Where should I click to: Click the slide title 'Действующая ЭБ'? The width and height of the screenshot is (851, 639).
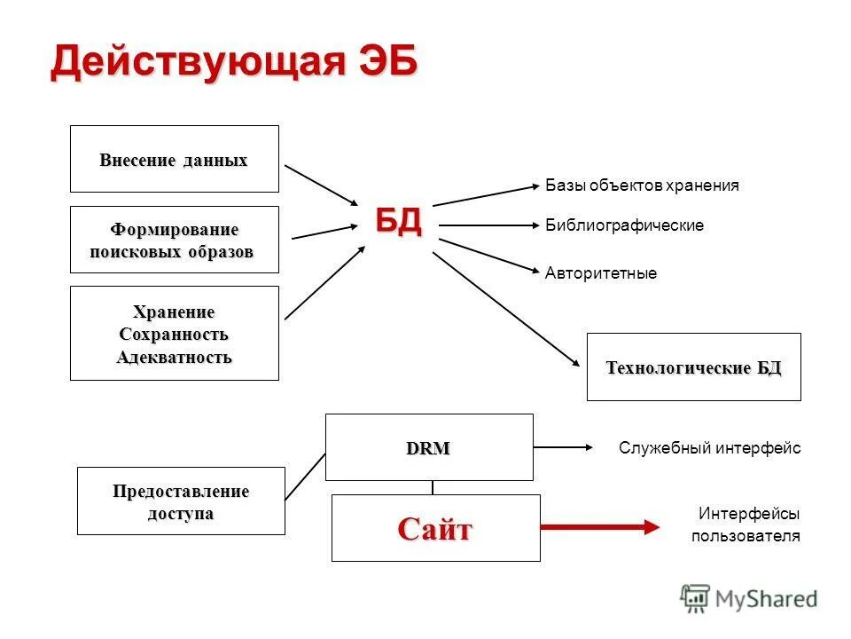(233, 64)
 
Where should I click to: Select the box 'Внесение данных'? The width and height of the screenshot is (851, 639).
(174, 160)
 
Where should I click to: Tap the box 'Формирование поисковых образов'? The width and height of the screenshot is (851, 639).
(174, 241)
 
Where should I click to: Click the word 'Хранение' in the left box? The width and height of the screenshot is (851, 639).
(174, 312)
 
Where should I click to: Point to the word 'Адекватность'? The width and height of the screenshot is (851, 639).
(174, 358)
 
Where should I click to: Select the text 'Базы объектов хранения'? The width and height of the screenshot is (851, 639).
(642, 185)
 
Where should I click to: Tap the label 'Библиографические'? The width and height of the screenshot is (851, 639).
(624, 225)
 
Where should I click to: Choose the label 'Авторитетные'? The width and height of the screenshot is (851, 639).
(601, 273)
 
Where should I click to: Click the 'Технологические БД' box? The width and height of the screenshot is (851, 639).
(693, 367)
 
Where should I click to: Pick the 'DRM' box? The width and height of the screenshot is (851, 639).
(429, 448)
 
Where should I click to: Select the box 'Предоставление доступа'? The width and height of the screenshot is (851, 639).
(181, 501)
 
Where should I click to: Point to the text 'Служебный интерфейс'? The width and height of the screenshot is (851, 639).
(709, 448)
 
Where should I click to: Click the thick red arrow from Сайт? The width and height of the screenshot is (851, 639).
(600, 526)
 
